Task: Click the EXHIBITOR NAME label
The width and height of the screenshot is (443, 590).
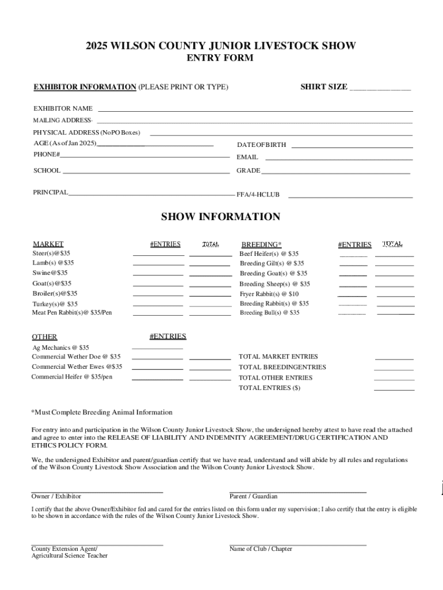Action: (63, 108)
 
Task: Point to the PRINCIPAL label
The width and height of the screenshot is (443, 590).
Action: (50, 192)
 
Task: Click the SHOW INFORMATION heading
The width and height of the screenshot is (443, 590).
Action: (220, 217)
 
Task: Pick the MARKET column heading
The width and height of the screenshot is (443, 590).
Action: (48, 244)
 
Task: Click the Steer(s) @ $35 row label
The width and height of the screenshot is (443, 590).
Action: (52, 254)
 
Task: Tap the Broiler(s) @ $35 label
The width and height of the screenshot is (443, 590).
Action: (55, 293)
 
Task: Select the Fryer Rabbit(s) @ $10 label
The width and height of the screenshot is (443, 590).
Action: (269, 294)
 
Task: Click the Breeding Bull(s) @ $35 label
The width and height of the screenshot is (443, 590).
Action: (270, 313)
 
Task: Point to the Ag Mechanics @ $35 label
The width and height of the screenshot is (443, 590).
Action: (60, 347)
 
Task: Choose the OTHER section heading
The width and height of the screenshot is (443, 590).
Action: (44, 337)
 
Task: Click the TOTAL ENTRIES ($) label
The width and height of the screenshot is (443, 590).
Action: (269, 388)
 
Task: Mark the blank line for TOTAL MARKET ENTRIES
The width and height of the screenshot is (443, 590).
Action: (394, 360)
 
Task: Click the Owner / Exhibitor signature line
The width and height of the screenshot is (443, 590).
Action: (97, 492)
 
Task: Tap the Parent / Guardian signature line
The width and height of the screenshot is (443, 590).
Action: (297, 492)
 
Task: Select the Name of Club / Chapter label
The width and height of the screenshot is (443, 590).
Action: (261, 549)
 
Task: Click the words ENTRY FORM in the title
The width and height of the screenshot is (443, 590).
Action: (220, 58)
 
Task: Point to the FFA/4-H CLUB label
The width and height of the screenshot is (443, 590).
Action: (258, 195)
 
